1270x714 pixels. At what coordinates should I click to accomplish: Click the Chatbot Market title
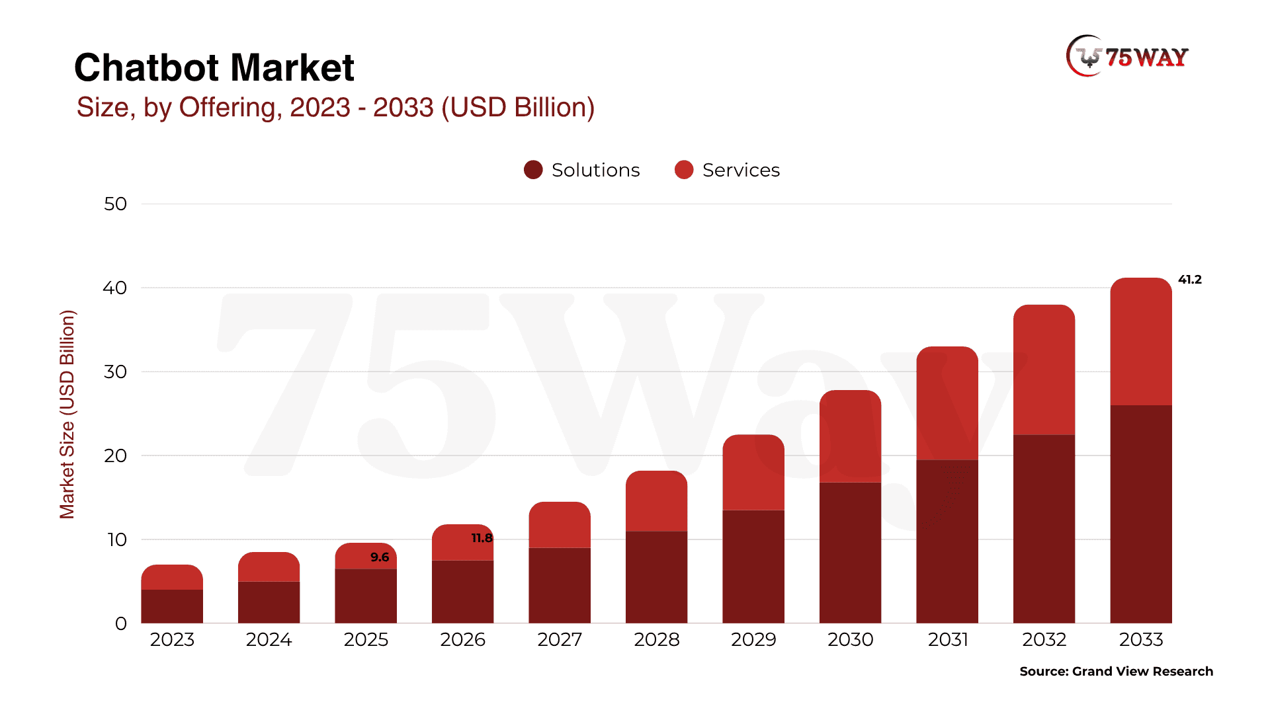[x=214, y=67]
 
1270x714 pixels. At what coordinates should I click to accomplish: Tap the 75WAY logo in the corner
[x=1127, y=57]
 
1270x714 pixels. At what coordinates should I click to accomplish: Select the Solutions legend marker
[x=533, y=170]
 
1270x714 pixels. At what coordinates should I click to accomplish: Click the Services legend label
[x=741, y=171]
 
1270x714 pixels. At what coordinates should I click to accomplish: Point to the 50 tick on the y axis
[x=115, y=204]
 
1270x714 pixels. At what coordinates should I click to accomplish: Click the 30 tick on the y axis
[x=115, y=372]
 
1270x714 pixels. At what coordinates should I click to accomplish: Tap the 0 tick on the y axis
[x=120, y=624]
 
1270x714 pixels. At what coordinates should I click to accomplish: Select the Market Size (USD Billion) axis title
[x=67, y=414]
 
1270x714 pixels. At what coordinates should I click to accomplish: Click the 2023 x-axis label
[x=172, y=640]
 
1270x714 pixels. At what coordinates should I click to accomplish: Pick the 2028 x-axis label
[x=656, y=640]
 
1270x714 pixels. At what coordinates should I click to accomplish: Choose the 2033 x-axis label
[x=1140, y=640]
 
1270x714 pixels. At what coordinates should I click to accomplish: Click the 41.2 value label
[x=1189, y=280]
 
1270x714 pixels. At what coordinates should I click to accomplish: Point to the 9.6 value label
[x=380, y=557]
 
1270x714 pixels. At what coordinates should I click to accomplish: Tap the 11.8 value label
[x=482, y=538]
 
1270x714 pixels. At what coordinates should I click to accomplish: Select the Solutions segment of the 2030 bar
[x=850, y=553]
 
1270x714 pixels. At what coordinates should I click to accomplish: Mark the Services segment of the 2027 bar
[x=560, y=525]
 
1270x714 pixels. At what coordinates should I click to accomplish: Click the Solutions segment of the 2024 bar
[x=269, y=602]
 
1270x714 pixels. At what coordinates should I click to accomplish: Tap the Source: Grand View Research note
[x=1116, y=672]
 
